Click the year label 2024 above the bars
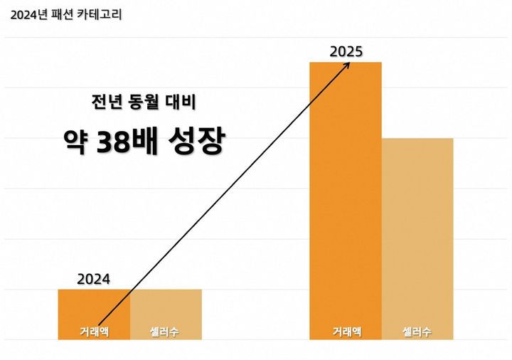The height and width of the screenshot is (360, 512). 94,279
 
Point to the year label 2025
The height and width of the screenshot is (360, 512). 346,52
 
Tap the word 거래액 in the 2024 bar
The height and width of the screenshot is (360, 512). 94,332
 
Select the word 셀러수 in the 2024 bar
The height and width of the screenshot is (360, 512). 166,332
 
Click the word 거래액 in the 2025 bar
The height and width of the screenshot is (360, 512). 346,332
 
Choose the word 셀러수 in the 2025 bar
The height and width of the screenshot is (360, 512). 417,332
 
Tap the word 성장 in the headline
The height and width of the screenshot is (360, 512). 201,143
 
